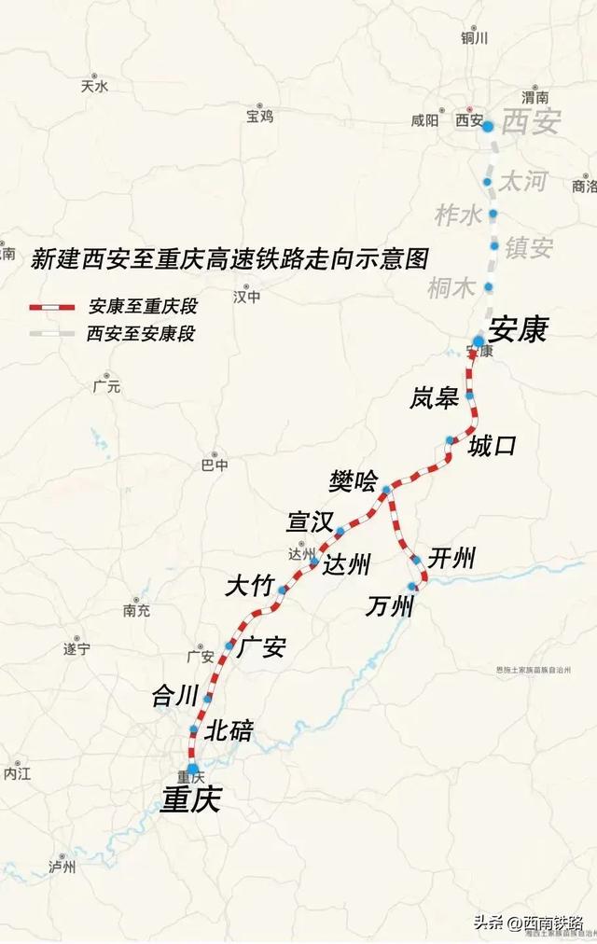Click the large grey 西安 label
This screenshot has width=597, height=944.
pyautogui.click(x=532, y=122)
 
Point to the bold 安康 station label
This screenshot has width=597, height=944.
pyautogui.click(x=518, y=328)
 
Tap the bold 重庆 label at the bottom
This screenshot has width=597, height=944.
pyautogui.click(x=190, y=800)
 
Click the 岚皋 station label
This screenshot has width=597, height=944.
pyautogui.click(x=434, y=399)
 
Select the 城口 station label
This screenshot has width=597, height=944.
pyautogui.click(x=492, y=446)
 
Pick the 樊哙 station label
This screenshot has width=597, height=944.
pyautogui.click(x=354, y=481)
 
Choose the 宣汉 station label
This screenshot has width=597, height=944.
pyautogui.click(x=310, y=522)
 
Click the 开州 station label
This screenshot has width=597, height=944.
pyautogui.click(x=451, y=559)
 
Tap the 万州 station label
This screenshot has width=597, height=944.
pyautogui.click(x=389, y=607)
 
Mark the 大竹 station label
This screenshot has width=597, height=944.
pyautogui.click(x=249, y=586)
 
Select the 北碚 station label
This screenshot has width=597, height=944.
pyautogui.click(x=229, y=730)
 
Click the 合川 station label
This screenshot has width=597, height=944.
pyautogui.click(x=176, y=695)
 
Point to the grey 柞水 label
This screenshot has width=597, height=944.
pyautogui.click(x=459, y=215)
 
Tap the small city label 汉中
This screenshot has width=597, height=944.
pyautogui.click(x=247, y=297)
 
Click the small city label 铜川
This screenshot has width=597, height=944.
pyautogui.click(x=474, y=38)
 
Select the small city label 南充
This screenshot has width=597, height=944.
pyautogui.click(x=136, y=611)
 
